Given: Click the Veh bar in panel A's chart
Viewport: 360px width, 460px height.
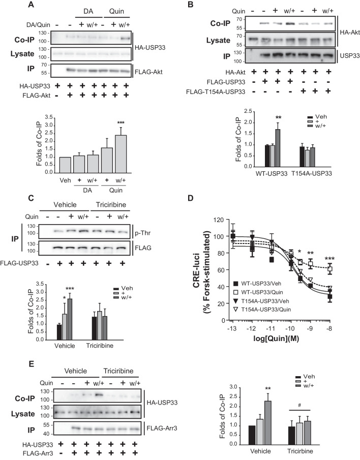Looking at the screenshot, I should click(x=65, y=165).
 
